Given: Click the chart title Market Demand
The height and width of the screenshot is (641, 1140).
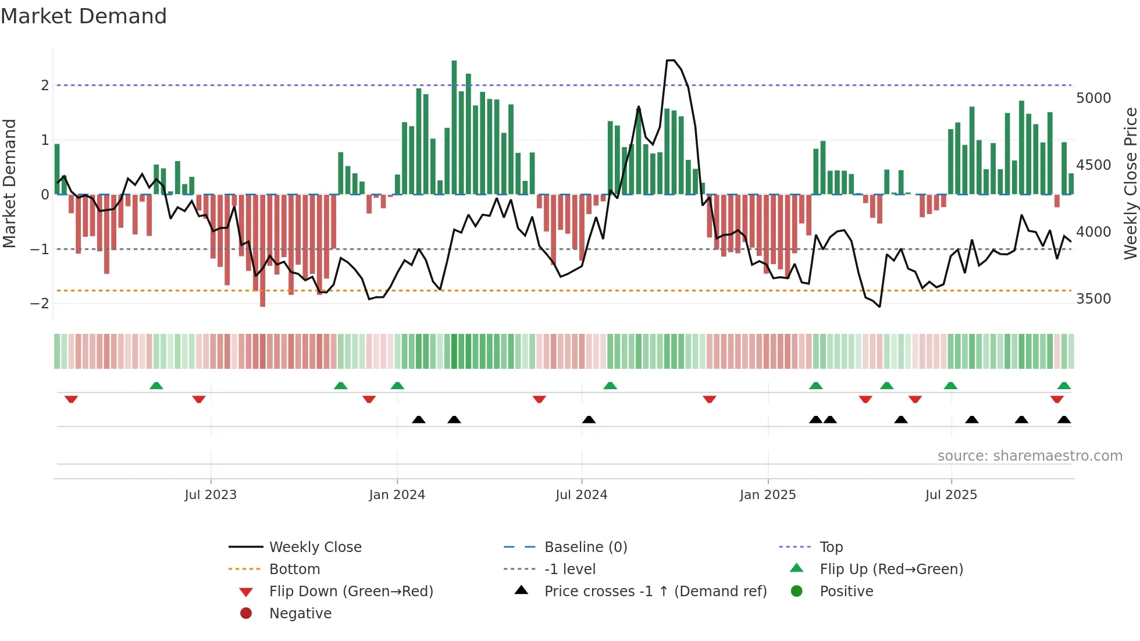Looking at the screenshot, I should (84, 16).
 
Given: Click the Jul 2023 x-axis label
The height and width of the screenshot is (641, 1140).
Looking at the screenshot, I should (211, 495).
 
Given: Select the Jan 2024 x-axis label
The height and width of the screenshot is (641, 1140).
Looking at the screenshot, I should (397, 495).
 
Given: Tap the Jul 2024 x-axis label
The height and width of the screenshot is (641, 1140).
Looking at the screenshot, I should (581, 495).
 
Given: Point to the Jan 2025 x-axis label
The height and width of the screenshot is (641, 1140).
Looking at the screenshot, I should (768, 495).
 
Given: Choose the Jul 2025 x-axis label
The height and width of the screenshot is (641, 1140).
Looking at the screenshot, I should (951, 495).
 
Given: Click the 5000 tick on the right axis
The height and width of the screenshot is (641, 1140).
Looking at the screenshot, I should (1093, 98).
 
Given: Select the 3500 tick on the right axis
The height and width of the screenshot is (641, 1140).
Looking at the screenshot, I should (1093, 299).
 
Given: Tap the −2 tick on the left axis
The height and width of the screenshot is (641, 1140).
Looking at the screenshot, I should (40, 304).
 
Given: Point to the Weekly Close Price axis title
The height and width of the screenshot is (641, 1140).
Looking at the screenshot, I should (1130, 183).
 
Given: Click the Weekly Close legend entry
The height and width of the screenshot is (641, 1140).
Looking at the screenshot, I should (315, 547).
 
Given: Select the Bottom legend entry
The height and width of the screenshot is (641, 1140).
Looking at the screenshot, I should (294, 569).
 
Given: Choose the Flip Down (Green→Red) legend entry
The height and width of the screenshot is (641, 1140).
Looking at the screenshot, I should (351, 592).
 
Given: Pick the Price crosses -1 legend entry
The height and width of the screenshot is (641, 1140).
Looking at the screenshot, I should (655, 592).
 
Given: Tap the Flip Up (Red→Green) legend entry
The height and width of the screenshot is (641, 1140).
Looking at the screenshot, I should (891, 569).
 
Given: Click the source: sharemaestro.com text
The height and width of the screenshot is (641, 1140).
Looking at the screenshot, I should (1029, 456).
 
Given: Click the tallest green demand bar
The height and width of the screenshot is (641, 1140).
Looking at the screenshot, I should (454, 128).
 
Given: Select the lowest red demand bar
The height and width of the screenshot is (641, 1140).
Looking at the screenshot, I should (263, 250).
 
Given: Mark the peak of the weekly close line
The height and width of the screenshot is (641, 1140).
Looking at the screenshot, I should (670, 60).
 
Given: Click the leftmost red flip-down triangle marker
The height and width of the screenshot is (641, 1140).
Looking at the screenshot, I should (72, 399).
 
